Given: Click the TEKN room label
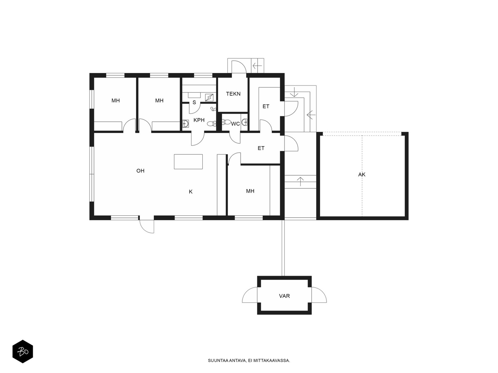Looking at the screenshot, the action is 233,94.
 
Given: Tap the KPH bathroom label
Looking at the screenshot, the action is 199,120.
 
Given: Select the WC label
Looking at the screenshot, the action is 235,124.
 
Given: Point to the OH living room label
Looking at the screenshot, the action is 140,171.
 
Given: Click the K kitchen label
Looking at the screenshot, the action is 190,192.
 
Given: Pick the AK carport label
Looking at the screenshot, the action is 362,175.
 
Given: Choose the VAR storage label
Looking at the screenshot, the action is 284,296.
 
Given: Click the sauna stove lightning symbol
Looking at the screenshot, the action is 209,97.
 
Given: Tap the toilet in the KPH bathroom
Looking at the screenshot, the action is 211,124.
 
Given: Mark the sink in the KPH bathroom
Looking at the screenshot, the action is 186,124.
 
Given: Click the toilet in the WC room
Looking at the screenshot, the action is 226,122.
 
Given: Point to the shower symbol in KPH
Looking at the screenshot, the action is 213,109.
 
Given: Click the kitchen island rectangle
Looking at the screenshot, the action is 188,161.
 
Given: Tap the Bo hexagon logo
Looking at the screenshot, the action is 23,352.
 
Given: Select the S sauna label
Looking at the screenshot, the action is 194,102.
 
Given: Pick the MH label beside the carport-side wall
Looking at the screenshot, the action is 250,191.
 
